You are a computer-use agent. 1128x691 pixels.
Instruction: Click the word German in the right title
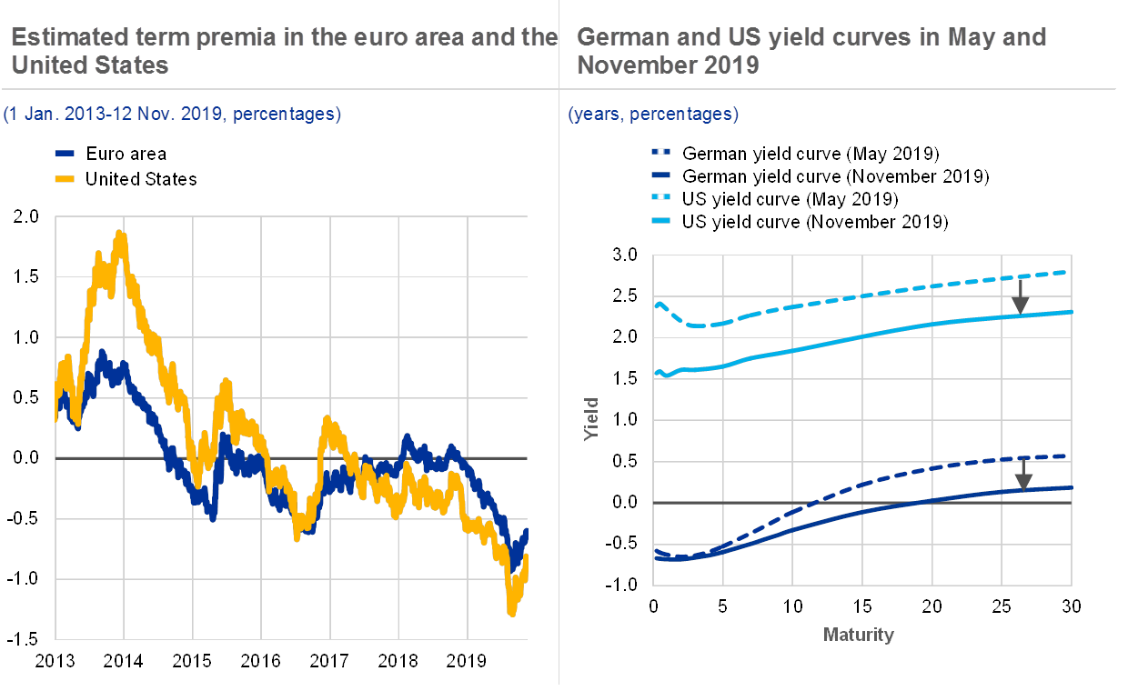tap(618, 37)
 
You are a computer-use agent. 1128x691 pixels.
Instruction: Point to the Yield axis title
tap(591, 419)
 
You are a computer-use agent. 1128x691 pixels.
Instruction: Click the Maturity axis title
tap(858, 635)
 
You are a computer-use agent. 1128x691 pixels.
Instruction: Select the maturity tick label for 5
tap(723, 607)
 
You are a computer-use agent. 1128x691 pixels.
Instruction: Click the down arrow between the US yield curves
tap(1021, 295)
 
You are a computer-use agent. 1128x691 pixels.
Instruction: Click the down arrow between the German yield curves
tap(1023, 474)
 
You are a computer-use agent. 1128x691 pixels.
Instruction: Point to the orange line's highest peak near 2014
tap(120, 233)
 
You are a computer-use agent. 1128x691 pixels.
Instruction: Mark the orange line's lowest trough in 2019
tap(512, 615)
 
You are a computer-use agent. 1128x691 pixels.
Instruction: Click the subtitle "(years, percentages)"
tap(653, 115)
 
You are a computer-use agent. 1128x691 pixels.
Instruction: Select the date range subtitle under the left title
tap(172, 115)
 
